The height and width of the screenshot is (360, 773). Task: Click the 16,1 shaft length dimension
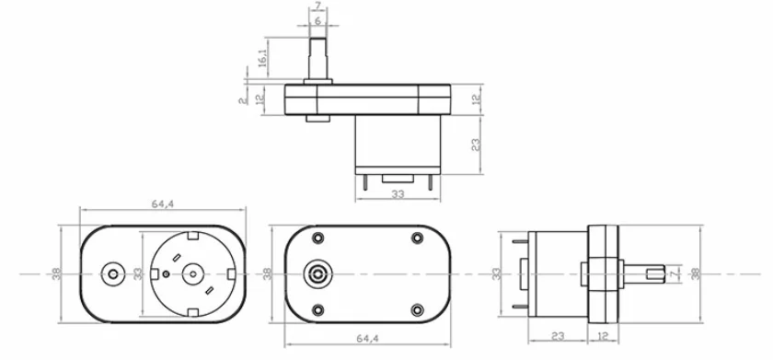coord(262,53)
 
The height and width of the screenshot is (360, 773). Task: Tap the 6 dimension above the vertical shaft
coord(318,20)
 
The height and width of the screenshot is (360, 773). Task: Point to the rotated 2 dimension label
coord(242,100)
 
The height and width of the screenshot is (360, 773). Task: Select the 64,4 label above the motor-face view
coord(163,203)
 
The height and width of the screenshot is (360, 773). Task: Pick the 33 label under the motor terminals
coord(398,193)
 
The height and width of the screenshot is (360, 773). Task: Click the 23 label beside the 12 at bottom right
coord(558,336)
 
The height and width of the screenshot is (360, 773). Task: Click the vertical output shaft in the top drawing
coord(318,58)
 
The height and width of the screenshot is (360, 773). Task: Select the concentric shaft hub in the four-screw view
coord(318,273)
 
